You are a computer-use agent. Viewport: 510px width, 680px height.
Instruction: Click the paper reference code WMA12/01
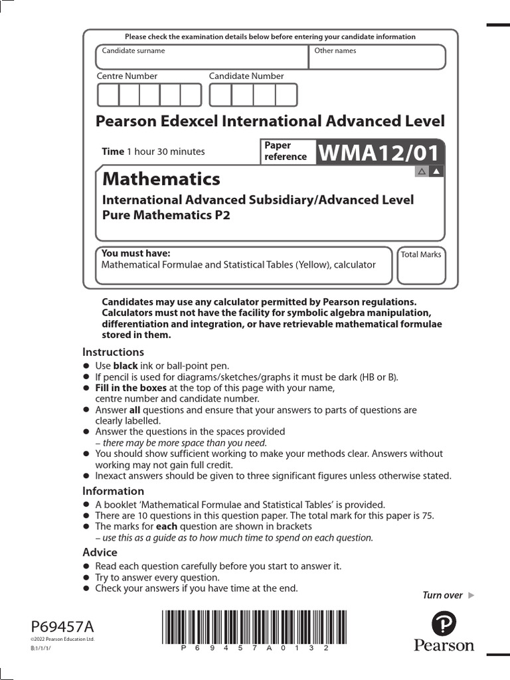coord(379,153)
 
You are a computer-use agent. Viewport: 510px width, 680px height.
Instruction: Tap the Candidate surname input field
coord(202,57)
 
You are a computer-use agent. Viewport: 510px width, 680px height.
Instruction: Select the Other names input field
coord(377,57)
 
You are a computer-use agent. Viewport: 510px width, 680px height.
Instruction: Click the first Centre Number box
coord(108,96)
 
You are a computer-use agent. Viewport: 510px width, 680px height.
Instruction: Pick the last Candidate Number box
coord(286,96)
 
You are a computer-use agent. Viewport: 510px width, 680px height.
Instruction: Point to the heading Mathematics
coord(161,179)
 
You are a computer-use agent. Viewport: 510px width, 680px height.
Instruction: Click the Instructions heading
coord(113,352)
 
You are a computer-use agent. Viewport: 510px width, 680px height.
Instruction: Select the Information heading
coord(113,491)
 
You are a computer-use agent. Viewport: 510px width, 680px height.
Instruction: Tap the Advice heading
coord(100,552)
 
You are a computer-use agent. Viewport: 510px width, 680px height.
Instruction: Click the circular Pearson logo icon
coord(444,624)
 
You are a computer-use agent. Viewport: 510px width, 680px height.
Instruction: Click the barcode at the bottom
coord(246,628)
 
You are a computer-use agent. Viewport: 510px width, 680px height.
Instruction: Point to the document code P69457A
coord(62,626)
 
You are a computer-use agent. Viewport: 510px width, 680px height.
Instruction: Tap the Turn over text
coord(442,595)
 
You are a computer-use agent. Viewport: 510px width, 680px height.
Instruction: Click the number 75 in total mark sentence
coord(427,515)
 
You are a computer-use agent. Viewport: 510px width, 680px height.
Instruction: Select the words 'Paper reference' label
coord(286,151)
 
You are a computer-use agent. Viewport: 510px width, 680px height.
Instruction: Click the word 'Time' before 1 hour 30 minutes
coord(112,151)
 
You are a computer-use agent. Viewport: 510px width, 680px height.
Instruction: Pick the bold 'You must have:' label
coord(135,253)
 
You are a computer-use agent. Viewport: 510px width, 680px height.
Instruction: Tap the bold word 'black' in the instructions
coord(126,366)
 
